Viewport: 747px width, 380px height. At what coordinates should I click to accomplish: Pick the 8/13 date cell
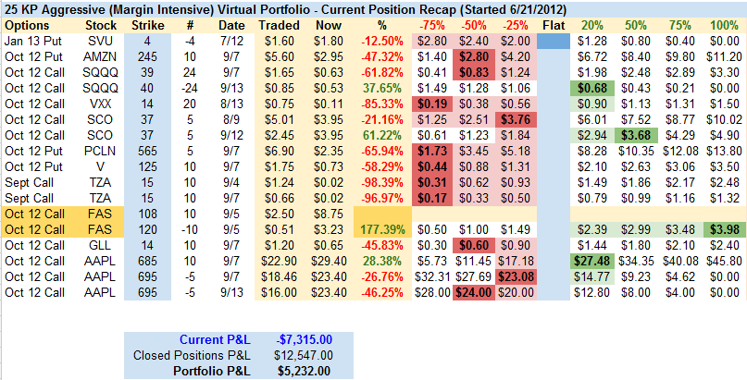coord(227,104)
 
